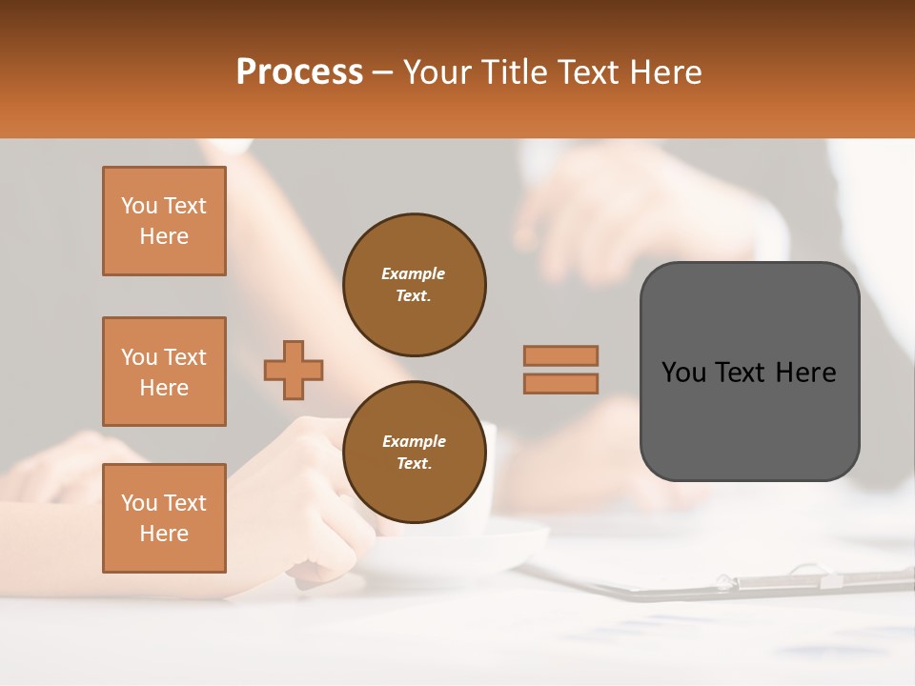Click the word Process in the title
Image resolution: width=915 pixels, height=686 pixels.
pos(299,71)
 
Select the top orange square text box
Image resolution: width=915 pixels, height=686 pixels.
pos(164,221)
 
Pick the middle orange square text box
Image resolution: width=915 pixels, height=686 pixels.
pos(164,372)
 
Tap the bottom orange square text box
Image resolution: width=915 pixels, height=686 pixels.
pos(164,518)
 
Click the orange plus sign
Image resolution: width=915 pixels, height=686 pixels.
pos(294,370)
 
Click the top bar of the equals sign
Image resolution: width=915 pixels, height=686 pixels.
pos(560,355)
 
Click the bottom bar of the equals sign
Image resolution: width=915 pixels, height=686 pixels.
pos(560,383)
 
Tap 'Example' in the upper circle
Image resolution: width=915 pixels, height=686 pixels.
pos(414,273)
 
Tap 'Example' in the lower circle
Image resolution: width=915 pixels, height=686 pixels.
pos(414,441)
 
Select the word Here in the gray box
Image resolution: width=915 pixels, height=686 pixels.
pos(806,373)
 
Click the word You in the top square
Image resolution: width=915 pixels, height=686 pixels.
pos(139,206)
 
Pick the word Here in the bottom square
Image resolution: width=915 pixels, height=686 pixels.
pos(164,534)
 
